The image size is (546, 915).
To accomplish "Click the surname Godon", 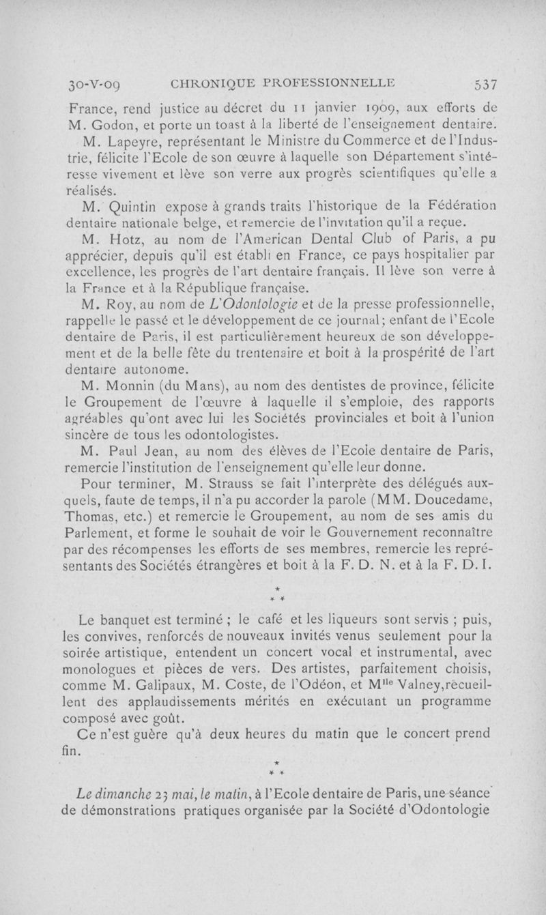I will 113,126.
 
